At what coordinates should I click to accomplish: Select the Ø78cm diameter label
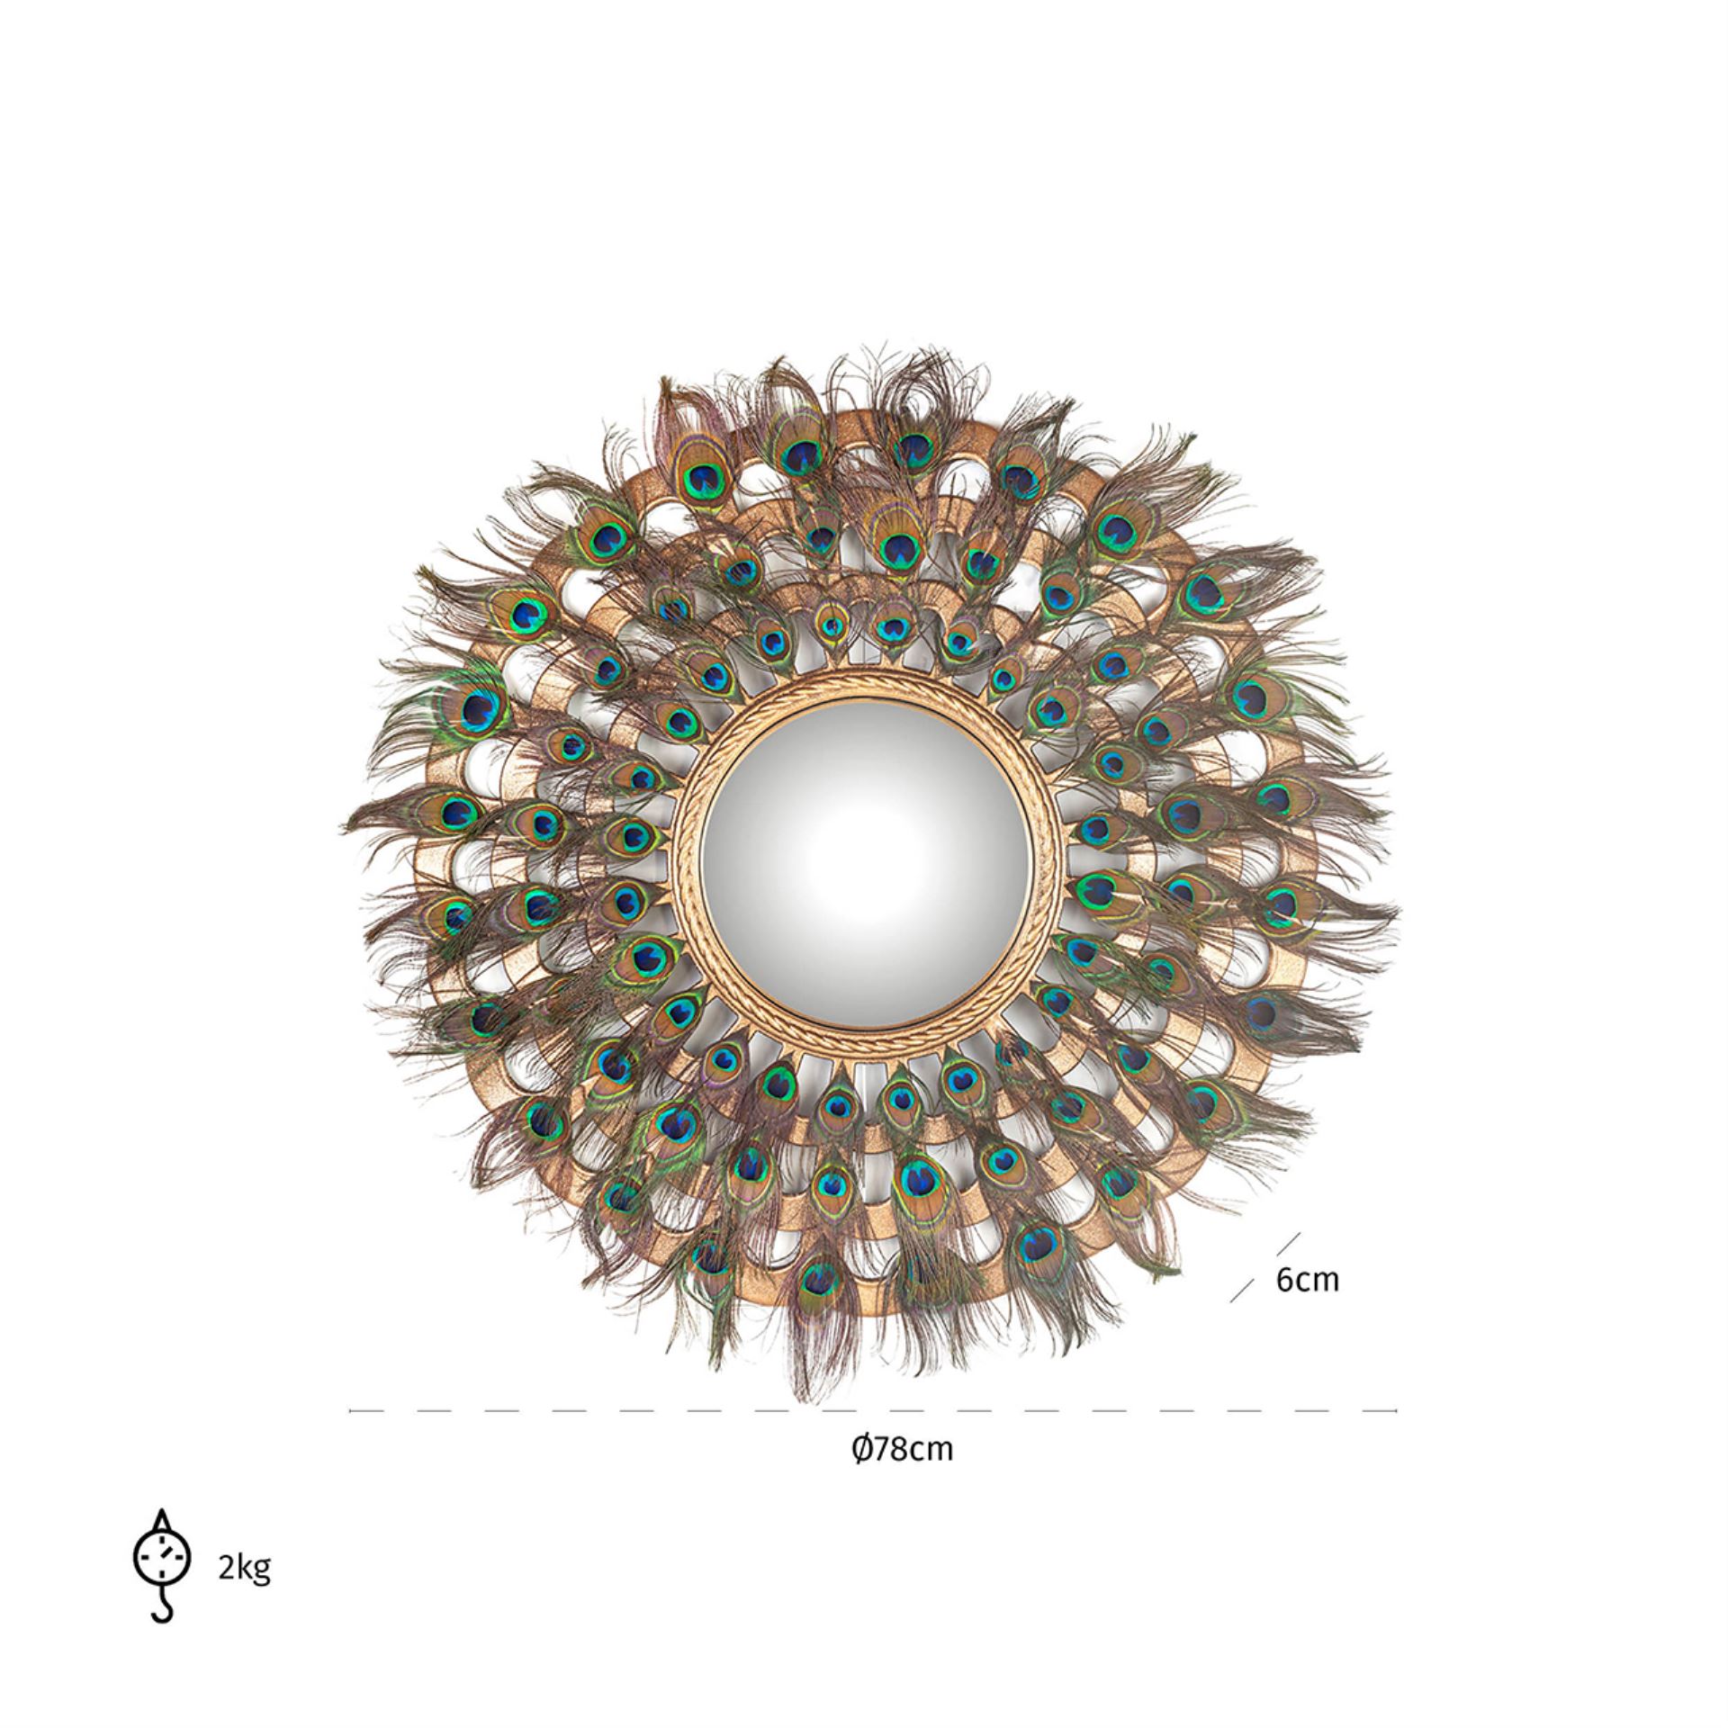point(901,1473)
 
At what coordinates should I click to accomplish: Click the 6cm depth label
point(1307,1280)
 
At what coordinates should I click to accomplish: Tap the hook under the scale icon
point(162,1608)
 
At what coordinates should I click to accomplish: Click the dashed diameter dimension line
point(872,1411)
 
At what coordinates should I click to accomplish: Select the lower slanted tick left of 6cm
point(1243,1290)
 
